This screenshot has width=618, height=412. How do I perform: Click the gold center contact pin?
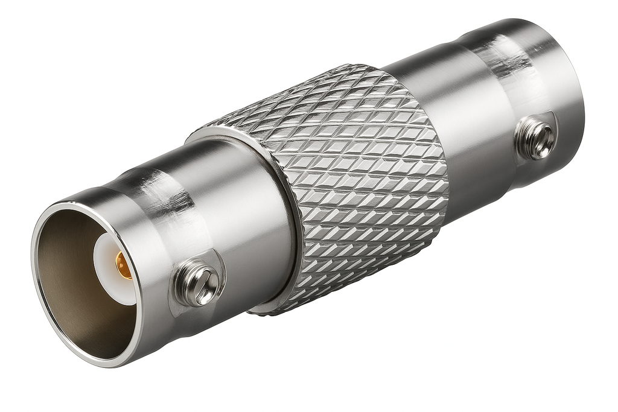point(123,265)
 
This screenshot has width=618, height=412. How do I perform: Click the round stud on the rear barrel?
point(536,138)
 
